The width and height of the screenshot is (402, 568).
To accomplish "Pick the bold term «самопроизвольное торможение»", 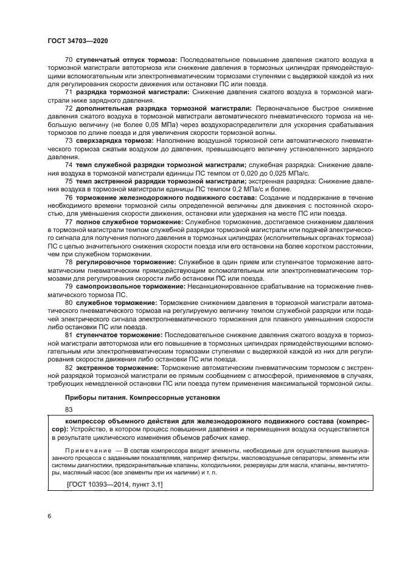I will (x=120, y=285).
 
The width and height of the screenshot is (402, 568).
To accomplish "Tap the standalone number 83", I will (x=68, y=410).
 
